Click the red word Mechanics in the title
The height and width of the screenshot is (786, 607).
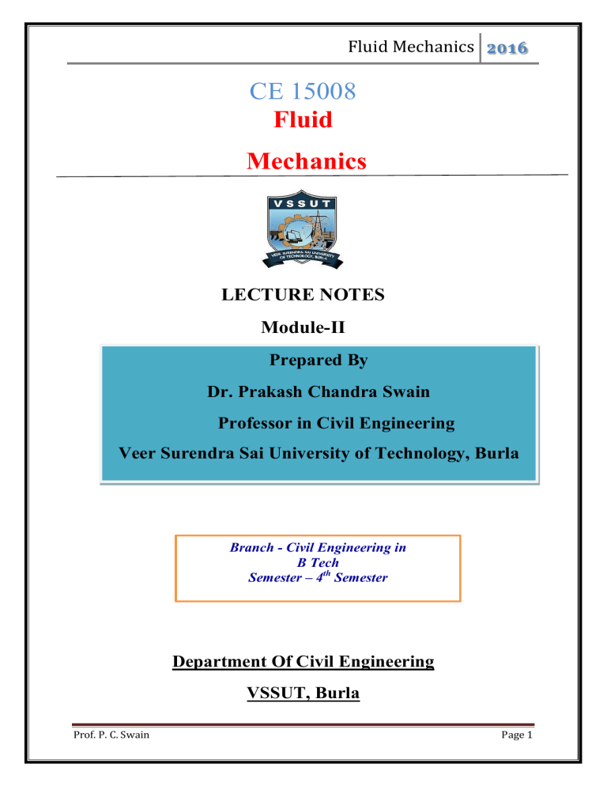307,161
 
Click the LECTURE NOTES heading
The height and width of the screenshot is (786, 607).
303,295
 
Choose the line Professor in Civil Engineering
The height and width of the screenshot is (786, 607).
336,423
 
